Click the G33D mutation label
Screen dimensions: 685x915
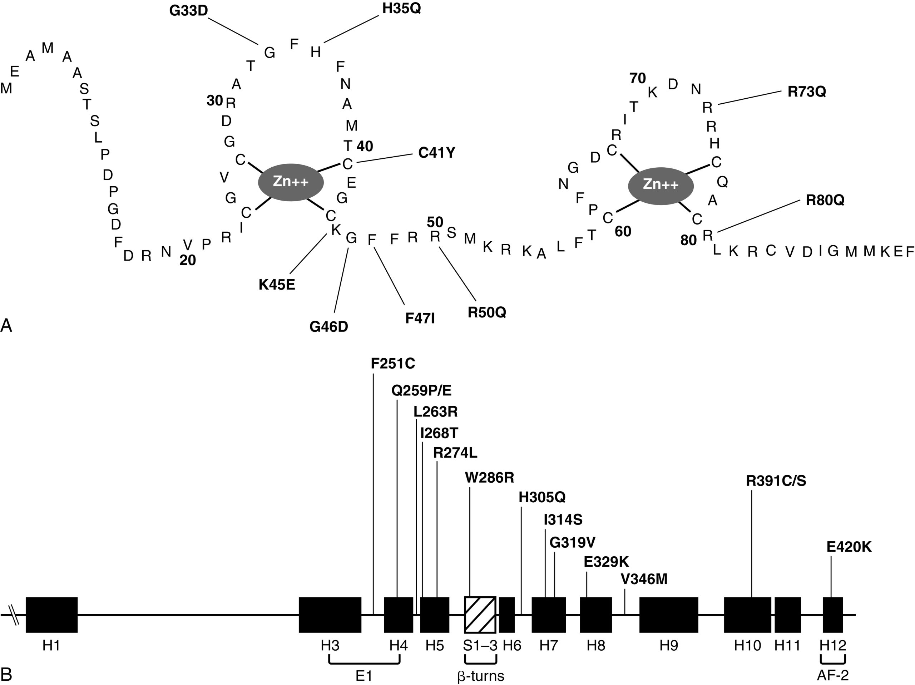189,11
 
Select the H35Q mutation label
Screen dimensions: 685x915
401,8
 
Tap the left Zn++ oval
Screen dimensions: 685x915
291,182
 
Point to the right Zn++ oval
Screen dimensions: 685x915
661,186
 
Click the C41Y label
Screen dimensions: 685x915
436,153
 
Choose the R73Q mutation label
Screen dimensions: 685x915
807,92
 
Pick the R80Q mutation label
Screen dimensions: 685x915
825,200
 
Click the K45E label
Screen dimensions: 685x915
277,285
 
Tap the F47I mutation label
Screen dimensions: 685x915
420,318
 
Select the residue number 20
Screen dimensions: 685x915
187,260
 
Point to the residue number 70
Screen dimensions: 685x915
637,78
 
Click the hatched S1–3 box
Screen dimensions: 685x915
480,615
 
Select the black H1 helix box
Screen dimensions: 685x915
52,615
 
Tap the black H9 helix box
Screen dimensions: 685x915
668,615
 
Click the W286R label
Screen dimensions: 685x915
489,478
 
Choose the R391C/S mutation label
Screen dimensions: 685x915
776,481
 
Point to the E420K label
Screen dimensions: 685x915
849,547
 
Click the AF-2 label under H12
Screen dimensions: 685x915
833,675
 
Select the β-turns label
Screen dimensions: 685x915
481,676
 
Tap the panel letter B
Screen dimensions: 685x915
7,675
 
